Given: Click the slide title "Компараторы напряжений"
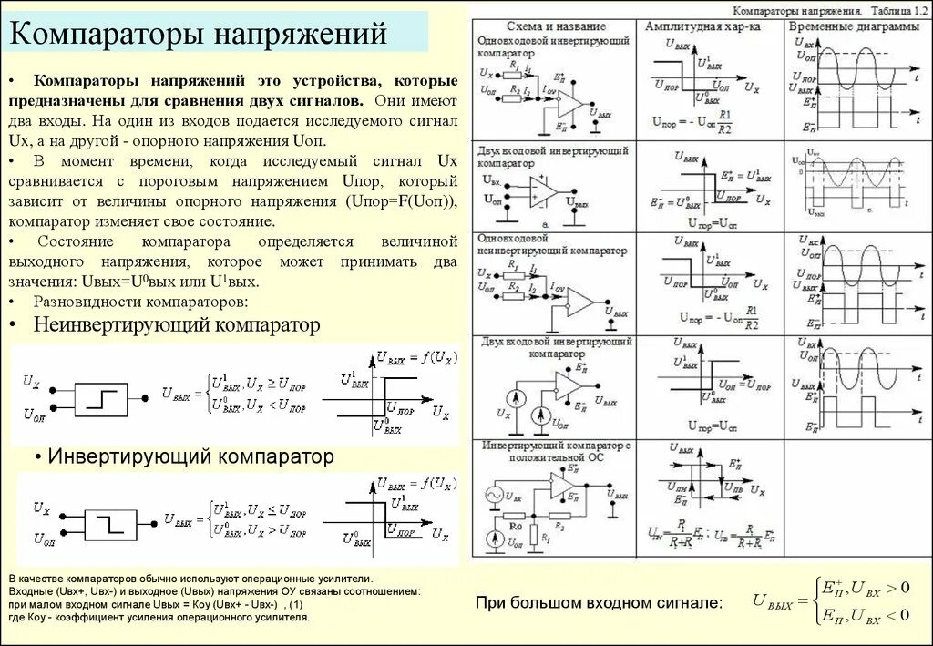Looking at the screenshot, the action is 199,36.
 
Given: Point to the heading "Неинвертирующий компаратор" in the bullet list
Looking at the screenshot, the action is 177,324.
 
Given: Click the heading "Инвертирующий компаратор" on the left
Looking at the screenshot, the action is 190,455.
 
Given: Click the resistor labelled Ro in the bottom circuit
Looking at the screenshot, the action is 515,526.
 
